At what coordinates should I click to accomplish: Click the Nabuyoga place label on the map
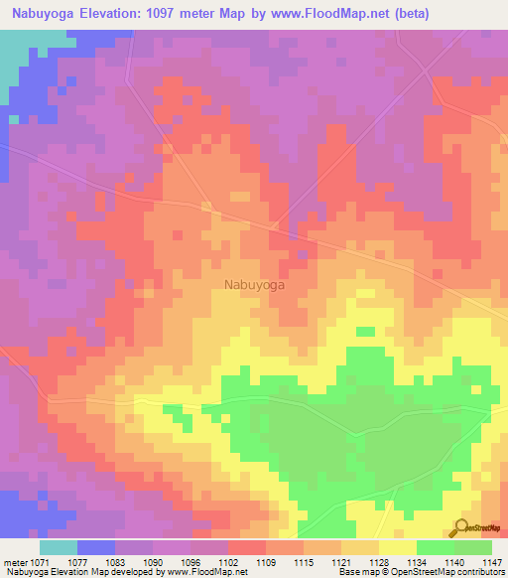point(255,285)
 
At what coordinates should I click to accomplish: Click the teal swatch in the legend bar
point(59,547)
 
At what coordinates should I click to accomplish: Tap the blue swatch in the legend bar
point(96,547)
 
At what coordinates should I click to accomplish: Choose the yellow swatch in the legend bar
point(398,547)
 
